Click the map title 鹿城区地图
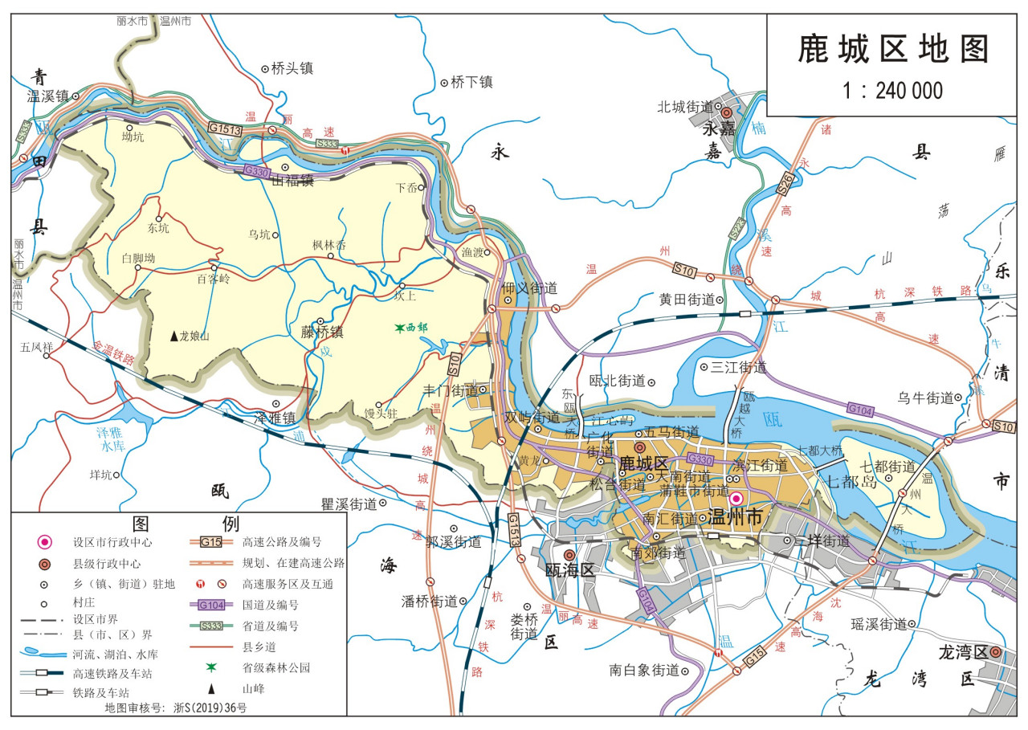click(893, 49)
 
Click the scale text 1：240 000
click(892, 90)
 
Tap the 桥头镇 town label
click(292, 69)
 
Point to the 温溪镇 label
click(47, 96)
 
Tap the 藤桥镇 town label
click(322, 332)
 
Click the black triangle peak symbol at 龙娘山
click(173, 336)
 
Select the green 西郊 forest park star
click(398, 328)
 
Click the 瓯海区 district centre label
click(569, 570)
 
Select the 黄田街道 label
click(687, 300)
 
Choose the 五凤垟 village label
click(37, 348)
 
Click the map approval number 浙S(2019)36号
click(210, 708)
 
